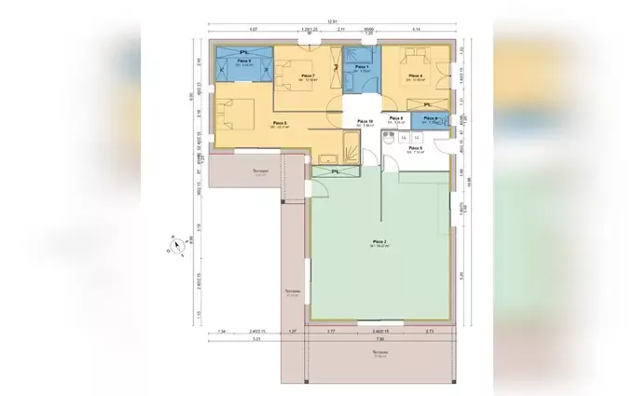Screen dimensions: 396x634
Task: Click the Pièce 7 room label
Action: (x=307, y=75)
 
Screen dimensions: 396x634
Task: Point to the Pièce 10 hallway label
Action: (x=365, y=122)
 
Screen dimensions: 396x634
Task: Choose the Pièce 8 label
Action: (x=280, y=123)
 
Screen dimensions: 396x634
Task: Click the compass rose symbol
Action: (x=172, y=248)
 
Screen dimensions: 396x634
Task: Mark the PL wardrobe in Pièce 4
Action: (x=430, y=103)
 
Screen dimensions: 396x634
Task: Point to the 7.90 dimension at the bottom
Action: (x=379, y=340)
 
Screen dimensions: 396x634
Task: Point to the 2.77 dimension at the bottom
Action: (x=331, y=331)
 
